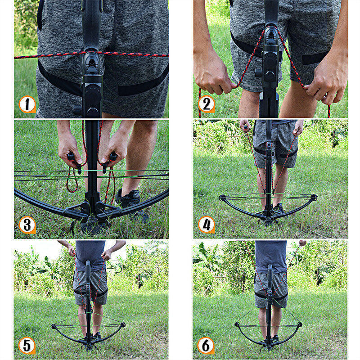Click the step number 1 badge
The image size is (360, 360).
coord(27,104)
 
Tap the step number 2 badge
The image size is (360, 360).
coord(206,104)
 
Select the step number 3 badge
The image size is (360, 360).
coord(27,225)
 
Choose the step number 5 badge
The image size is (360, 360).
coord(27,345)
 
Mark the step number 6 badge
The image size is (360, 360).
coord(206,345)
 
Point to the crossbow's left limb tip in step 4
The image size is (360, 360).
coord(222,198)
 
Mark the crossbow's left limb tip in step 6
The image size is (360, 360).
coord(237,324)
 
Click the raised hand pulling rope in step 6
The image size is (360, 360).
coord(302,243)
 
